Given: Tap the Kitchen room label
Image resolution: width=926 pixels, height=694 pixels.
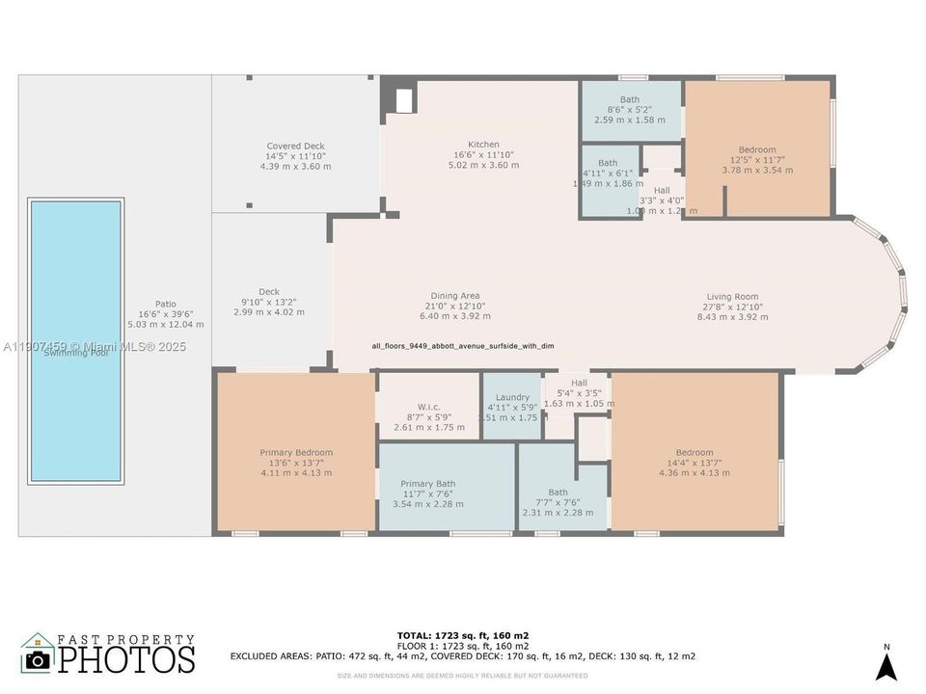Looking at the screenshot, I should point(483,145).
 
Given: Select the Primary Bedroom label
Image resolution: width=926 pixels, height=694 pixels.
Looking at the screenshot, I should point(296,452).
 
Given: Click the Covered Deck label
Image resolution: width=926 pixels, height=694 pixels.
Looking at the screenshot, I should point(295,147).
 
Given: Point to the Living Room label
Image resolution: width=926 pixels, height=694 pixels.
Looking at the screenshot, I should point(732,297).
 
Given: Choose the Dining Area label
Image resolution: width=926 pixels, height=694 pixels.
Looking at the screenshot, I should point(455,296).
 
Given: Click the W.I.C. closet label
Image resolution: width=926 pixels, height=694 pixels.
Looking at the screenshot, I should point(429,406).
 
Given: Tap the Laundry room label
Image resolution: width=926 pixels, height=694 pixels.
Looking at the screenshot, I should point(512,397).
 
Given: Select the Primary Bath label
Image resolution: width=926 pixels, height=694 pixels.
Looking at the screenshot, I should point(428,484).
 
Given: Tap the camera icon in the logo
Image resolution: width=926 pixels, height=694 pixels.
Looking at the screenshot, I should point(38,659).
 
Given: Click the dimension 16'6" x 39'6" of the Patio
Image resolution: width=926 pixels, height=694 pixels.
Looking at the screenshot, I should point(166,314).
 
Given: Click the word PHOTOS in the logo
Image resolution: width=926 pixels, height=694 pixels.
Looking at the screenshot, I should point(125,659).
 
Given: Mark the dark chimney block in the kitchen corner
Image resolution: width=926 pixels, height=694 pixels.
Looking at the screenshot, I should point(402,98).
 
